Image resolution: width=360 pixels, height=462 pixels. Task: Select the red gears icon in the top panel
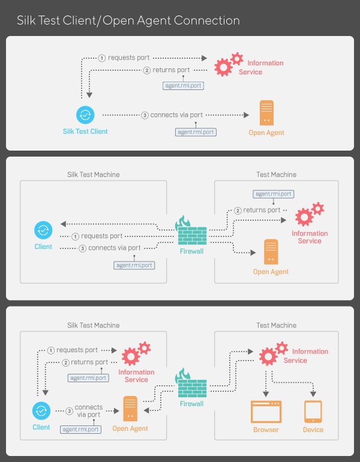(x=228, y=64)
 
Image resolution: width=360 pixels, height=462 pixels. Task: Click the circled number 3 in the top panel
(x=145, y=115)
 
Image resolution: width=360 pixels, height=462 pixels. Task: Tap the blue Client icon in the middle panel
(x=43, y=230)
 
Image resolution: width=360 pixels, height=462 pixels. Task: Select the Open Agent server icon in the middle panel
(x=271, y=251)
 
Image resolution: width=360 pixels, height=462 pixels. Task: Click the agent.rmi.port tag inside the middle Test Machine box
(x=274, y=194)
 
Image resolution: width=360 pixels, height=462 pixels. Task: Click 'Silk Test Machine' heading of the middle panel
(x=93, y=175)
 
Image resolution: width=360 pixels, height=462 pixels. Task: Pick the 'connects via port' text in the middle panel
(x=114, y=248)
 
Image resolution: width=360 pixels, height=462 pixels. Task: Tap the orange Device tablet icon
(x=313, y=412)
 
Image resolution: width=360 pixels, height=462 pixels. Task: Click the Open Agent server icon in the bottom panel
(x=130, y=409)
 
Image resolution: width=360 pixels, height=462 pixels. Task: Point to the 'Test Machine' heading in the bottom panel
(x=276, y=325)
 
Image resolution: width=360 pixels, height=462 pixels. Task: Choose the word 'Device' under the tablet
(x=313, y=430)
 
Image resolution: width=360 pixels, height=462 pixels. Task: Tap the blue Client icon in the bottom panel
(x=41, y=411)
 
